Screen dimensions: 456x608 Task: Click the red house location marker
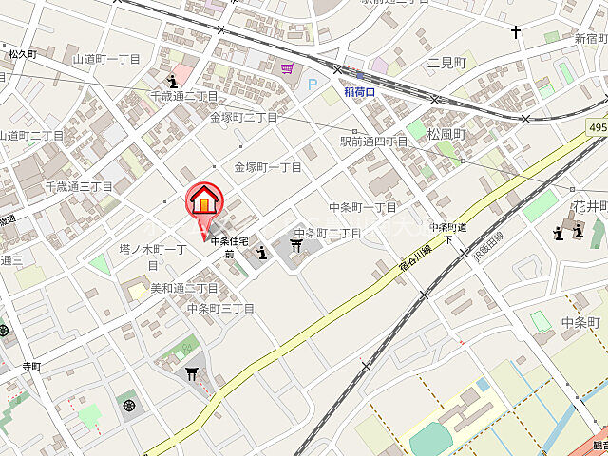click(x=203, y=202)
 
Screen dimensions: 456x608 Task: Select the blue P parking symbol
click(x=312, y=85)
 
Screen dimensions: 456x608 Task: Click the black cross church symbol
click(x=516, y=32)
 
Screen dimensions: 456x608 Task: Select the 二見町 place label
click(x=446, y=63)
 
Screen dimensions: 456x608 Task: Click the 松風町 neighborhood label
click(x=446, y=135)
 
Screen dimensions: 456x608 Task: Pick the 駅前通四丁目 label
click(x=373, y=142)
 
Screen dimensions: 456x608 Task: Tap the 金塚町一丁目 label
click(x=268, y=167)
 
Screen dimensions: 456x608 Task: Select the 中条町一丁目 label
click(x=363, y=207)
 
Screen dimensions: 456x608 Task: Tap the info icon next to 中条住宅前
click(x=261, y=251)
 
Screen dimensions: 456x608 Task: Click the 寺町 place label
click(x=31, y=365)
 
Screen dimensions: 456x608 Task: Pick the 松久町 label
click(x=23, y=55)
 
